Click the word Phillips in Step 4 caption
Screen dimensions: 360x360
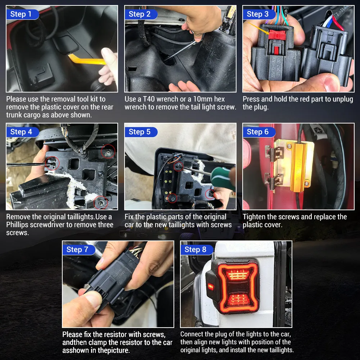click(21, 225)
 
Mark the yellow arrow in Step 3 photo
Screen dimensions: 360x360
click(257, 28)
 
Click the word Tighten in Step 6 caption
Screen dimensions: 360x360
click(255, 217)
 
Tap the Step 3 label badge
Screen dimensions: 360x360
click(258, 14)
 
